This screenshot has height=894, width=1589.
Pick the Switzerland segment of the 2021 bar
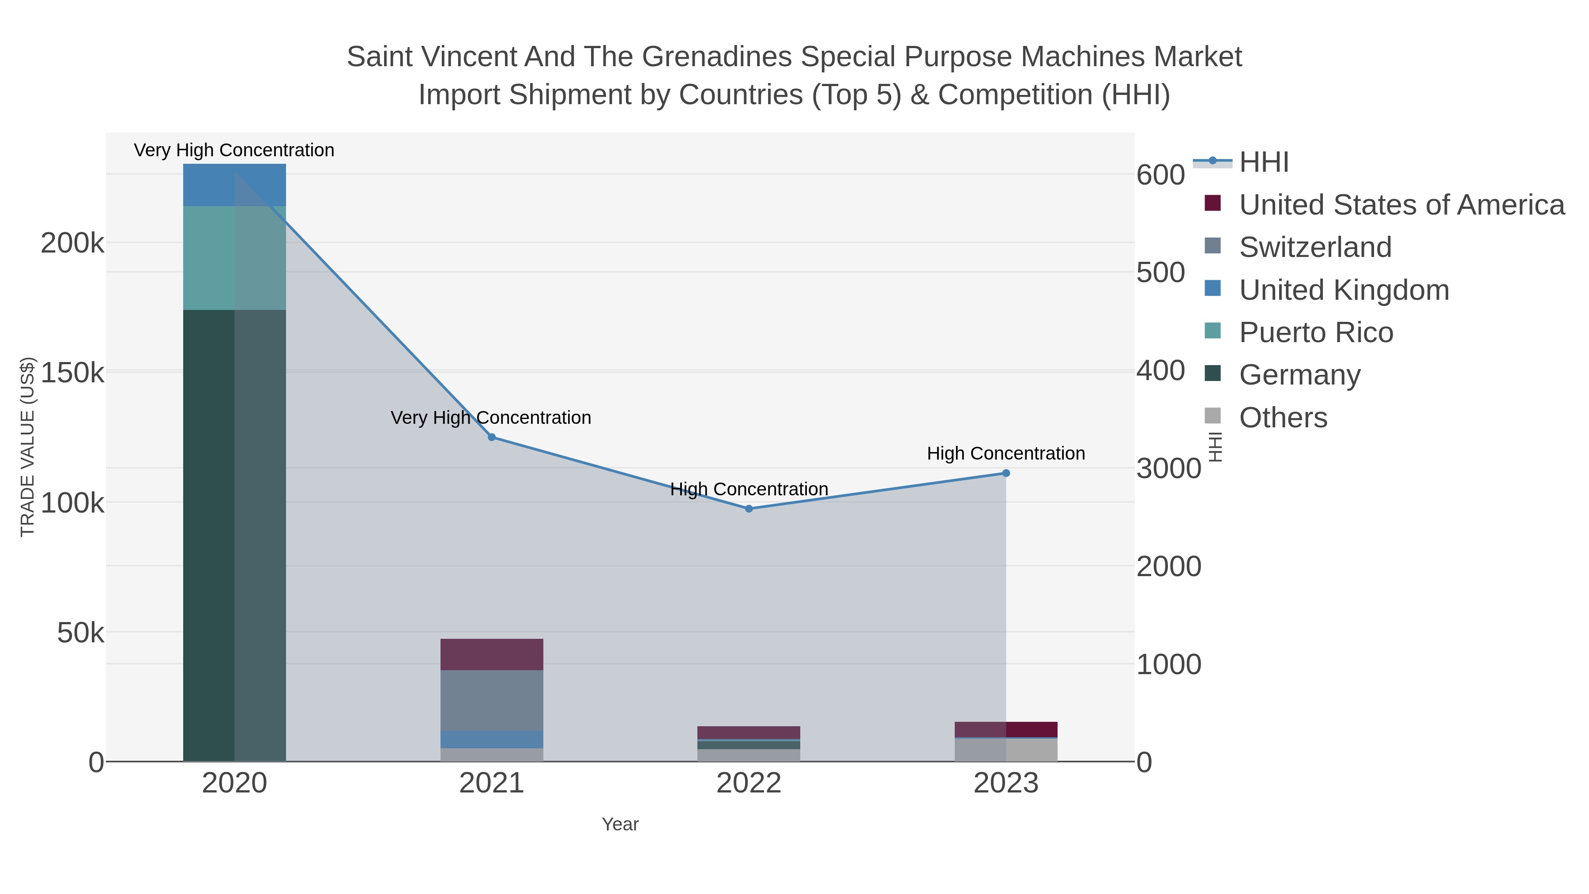pyautogui.click(x=492, y=700)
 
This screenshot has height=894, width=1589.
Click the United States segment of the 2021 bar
pyautogui.click(x=492, y=654)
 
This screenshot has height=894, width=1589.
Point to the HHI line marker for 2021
pyautogui.click(x=492, y=437)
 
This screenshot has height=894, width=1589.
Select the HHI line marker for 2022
pyautogui.click(x=749, y=509)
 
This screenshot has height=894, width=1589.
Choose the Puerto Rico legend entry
pyautogui.click(x=1316, y=332)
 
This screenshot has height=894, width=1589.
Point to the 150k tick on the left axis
pyautogui.click(x=72, y=373)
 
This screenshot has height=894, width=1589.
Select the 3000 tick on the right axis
pyautogui.click(x=1168, y=468)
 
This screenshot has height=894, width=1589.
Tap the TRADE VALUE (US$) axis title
pyautogui.click(x=28, y=447)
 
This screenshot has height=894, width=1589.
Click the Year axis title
pyautogui.click(x=620, y=824)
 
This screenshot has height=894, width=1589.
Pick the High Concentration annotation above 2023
pyautogui.click(x=1005, y=453)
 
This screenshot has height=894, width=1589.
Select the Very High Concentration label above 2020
pyautogui.click(x=234, y=150)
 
